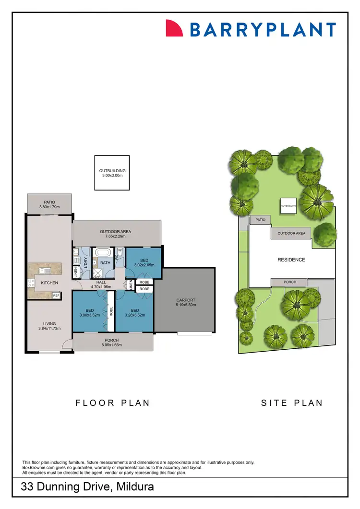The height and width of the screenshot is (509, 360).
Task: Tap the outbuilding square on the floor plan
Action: point(112,173)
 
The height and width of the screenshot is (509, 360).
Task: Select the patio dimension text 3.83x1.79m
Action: point(49,207)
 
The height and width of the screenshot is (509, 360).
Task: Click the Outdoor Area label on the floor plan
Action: point(115,232)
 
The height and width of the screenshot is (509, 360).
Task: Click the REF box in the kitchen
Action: point(56,296)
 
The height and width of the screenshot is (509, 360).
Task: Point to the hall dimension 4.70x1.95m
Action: point(101,287)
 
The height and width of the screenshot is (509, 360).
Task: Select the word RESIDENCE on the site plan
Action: point(291,260)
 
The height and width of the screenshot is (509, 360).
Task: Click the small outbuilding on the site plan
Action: point(288,205)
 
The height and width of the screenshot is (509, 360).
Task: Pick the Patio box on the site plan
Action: point(260,220)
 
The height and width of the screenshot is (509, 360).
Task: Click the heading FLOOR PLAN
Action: point(113,403)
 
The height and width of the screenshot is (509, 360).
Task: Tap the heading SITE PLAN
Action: point(292,403)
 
